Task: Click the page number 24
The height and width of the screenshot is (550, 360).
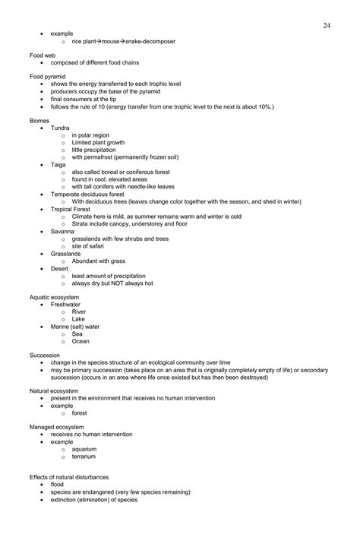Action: [x=326, y=25]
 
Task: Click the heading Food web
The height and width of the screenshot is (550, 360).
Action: [x=43, y=55]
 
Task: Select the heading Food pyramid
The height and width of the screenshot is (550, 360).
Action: [x=48, y=76]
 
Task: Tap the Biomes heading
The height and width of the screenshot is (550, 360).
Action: [x=39, y=120]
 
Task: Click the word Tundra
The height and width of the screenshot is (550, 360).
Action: [x=61, y=128]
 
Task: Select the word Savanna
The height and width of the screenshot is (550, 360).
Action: [x=62, y=230]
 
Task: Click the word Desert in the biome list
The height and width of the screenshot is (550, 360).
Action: [x=60, y=267]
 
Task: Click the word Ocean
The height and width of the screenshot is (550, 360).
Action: [x=81, y=341]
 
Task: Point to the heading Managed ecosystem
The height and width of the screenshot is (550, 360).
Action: [x=57, y=427]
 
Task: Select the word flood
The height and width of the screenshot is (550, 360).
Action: [x=58, y=484]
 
